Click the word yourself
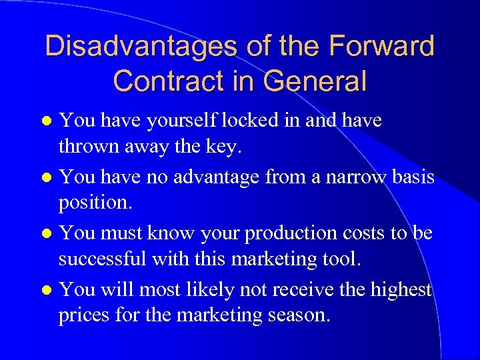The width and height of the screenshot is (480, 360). (x=176, y=121)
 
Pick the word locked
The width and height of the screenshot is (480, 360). (x=251, y=121)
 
